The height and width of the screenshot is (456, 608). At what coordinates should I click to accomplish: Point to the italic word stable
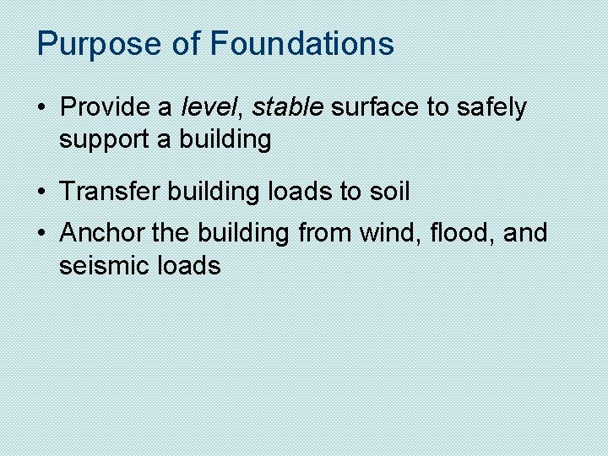[x=288, y=107]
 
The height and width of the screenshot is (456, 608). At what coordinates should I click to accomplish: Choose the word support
[x=104, y=140]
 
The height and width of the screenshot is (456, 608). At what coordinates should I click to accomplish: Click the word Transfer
[x=110, y=192]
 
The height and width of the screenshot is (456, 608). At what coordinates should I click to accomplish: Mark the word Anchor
[x=102, y=232]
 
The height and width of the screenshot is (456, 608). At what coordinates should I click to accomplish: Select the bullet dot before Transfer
[x=41, y=193]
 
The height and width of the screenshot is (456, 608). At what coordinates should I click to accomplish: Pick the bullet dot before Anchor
[x=41, y=233]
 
